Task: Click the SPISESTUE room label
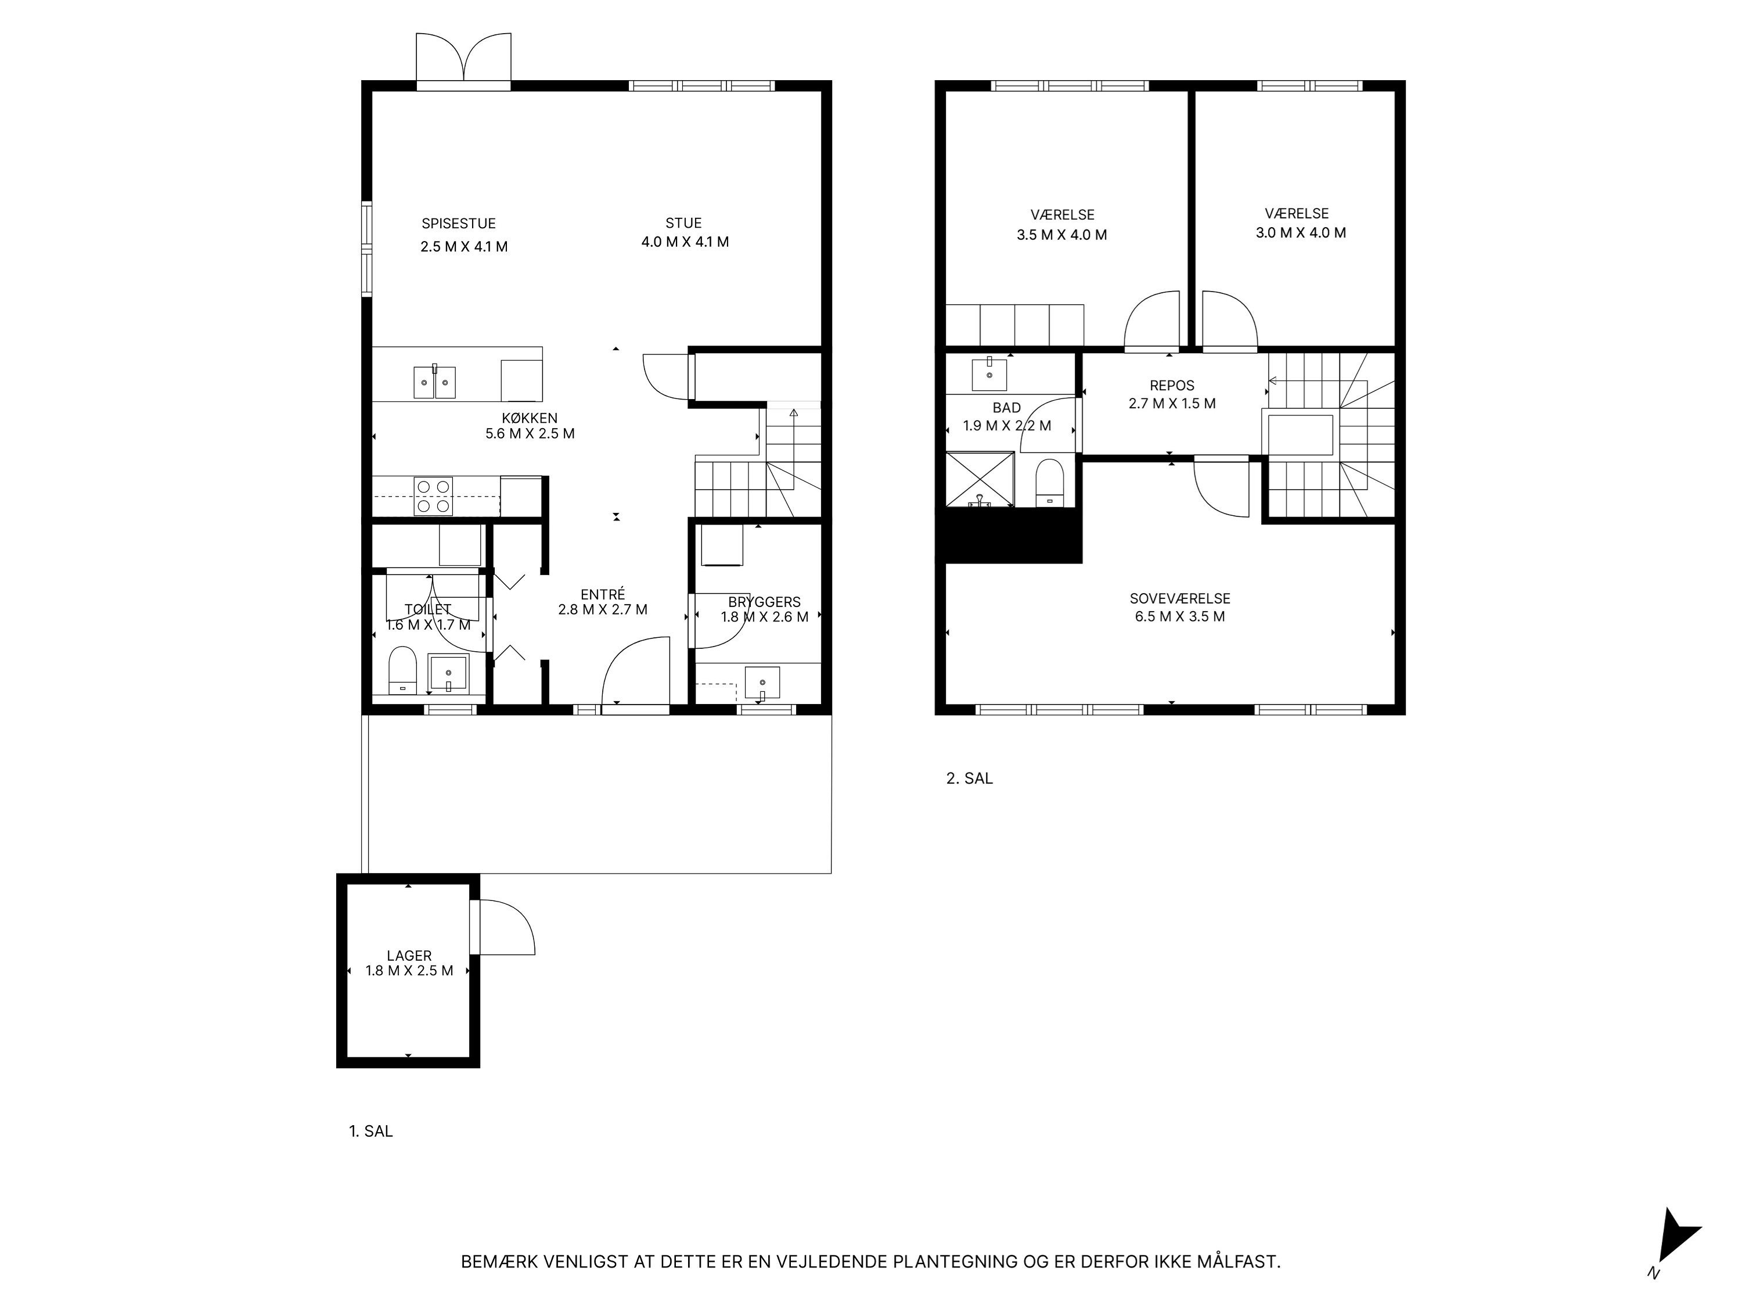(x=458, y=224)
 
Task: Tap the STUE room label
(x=683, y=223)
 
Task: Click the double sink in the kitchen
(x=435, y=382)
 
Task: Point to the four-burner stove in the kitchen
(x=433, y=496)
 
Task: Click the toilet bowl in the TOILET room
(x=402, y=670)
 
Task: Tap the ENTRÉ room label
(x=603, y=595)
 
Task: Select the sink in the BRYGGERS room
(x=761, y=683)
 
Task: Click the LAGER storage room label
(x=409, y=956)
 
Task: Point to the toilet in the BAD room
(x=1049, y=483)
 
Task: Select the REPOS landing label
(x=1172, y=385)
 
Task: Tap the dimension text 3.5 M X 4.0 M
(x=1061, y=235)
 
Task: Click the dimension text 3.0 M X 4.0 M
(x=1300, y=233)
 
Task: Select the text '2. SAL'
(x=970, y=778)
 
